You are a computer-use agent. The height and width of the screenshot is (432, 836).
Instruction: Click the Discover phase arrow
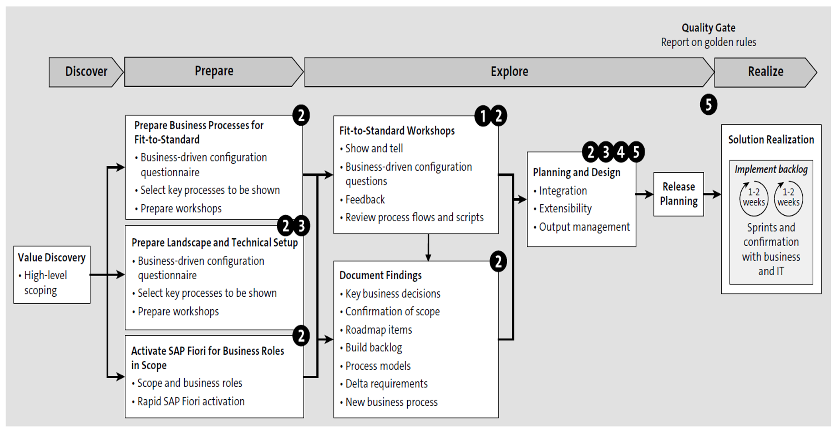(86, 72)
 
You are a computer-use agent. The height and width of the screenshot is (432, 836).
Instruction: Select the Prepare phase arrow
(213, 71)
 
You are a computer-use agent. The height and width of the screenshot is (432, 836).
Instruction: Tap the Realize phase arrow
(765, 72)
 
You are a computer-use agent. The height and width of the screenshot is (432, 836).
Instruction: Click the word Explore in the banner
(509, 72)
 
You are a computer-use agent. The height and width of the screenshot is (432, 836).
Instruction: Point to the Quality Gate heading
(708, 28)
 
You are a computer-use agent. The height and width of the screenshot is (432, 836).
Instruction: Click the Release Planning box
(678, 194)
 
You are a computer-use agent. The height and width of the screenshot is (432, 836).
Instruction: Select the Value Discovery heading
(52, 257)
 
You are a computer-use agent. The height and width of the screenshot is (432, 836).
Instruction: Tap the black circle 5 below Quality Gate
(708, 105)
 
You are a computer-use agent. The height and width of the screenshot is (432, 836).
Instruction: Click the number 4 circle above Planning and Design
(620, 152)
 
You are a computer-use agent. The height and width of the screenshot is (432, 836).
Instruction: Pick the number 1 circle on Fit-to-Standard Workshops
(482, 116)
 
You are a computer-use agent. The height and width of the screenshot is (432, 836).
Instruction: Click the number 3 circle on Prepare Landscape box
(301, 226)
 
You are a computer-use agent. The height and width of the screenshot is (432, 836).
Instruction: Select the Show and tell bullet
(374, 149)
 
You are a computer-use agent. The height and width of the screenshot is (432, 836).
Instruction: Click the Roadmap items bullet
(378, 330)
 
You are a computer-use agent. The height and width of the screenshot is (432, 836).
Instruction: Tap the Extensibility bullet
(565, 209)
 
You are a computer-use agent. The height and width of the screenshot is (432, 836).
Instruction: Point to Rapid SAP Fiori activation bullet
(190, 401)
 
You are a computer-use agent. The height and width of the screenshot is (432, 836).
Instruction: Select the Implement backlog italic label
(771, 169)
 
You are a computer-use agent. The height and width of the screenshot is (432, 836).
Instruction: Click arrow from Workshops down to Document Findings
(428, 247)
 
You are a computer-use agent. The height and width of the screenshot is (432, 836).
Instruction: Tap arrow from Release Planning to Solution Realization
(712, 194)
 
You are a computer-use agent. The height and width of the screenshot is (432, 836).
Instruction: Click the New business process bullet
(391, 402)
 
